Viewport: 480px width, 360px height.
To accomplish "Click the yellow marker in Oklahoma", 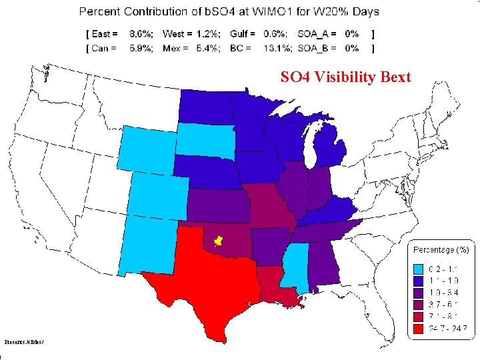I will pos(217,239).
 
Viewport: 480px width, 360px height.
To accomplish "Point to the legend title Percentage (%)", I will pos(441,250).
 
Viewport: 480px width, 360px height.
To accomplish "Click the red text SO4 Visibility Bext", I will pos(345,77).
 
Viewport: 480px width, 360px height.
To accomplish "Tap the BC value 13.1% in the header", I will pos(275,48).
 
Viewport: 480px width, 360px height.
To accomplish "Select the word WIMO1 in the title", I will pos(252,12).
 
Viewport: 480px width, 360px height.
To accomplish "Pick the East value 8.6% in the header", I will pos(140,33).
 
